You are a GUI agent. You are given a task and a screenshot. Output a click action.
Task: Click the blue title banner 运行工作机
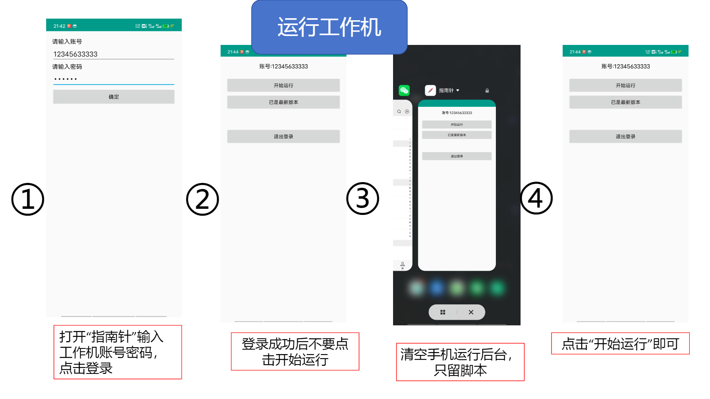pos(329,27)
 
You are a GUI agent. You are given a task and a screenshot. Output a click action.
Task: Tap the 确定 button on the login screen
pos(114,97)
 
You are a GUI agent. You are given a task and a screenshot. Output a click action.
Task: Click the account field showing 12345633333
pos(113,54)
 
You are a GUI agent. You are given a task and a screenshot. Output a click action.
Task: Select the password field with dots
pos(113,79)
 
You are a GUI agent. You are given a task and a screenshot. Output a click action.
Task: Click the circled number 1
pos(28,199)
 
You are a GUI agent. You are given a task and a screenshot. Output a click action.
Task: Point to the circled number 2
pos(202,199)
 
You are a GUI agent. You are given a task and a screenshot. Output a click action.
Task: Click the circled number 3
pos(363,198)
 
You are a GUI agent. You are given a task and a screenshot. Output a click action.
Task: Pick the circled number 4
pos(536,198)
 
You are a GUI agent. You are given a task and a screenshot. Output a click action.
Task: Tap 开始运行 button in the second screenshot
pos(283,85)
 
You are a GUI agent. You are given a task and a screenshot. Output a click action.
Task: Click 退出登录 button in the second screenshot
pos(283,136)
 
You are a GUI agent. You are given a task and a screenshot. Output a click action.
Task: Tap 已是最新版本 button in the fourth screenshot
pos(625,102)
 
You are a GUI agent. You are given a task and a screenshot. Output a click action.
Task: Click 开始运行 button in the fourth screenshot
pos(625,85)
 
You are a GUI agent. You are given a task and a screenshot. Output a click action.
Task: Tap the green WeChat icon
pos(404,90)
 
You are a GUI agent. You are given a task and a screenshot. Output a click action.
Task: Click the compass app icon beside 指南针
pos(430,90)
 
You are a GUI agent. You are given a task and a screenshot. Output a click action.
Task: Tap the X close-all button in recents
pos(471,312)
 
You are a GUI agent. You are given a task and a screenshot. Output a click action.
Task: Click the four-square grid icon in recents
pos(443,312)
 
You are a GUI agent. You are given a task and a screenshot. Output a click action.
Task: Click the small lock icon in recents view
pos(487,91)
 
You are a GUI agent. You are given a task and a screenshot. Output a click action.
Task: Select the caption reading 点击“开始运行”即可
pos(620,344)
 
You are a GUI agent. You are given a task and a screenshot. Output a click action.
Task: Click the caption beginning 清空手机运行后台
pos(460,362)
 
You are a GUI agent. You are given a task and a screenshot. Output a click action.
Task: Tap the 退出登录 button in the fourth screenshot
pos(625,136)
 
